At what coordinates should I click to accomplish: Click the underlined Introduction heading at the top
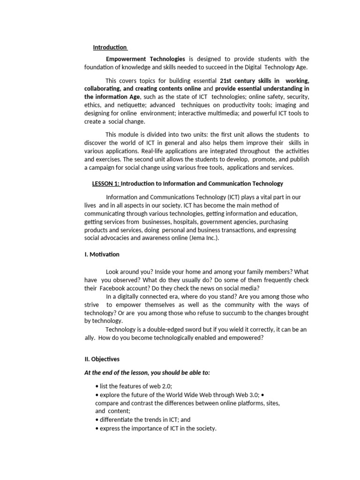point(110,47)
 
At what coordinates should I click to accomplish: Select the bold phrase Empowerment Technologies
point(145,59)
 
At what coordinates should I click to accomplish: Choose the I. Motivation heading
point(102,255)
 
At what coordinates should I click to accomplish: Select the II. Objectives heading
point(102,359)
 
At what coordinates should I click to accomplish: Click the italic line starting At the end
point(147,373)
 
